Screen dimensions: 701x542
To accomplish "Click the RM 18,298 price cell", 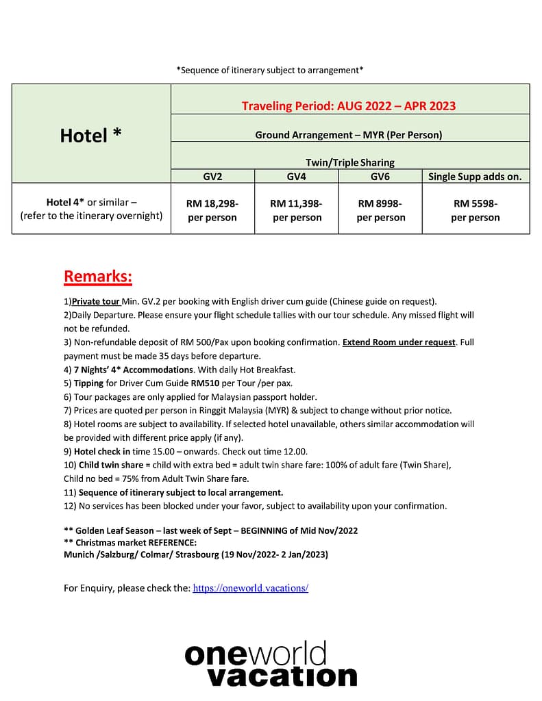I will (212, 210).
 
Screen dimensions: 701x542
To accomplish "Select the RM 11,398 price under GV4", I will (296, 210).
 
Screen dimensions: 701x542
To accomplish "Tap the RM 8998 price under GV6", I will (380, 210).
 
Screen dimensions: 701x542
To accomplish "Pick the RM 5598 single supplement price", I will (475, 210).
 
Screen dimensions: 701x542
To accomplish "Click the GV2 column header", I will (212, 177).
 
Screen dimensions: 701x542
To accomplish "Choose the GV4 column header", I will (296, 177).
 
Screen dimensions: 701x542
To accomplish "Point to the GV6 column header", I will (380, 177).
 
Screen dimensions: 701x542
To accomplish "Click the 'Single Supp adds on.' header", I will (475, 177).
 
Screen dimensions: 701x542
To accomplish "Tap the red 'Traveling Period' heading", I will (349, 106).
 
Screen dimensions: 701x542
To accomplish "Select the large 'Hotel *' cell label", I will (91, 135).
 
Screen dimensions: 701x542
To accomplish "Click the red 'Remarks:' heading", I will (98, 277).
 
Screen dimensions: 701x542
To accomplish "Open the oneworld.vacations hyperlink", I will (250, 587).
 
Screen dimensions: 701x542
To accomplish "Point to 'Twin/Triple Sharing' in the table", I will (349, 162).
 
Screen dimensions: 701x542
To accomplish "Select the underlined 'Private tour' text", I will (95, 301).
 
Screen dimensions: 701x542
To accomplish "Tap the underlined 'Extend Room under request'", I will (399, 342).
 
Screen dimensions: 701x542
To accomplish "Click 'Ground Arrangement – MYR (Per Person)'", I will (349, 135).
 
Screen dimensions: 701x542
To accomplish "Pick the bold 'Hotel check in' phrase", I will (102, 451).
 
